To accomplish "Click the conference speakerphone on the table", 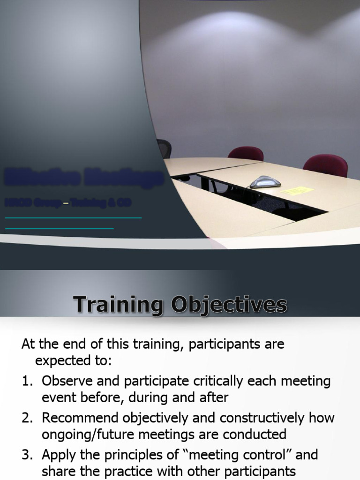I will pos(265,182).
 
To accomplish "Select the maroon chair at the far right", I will pos(325,165).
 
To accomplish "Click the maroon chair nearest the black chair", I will pos(245,154).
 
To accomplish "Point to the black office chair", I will pos(164,149).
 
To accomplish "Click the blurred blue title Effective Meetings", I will pos(84,179).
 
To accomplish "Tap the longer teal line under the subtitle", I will pos(73,217).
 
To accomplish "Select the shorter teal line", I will pos(60,228).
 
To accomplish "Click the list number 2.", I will pos(26,418).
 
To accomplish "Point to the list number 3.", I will pos(26,454).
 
